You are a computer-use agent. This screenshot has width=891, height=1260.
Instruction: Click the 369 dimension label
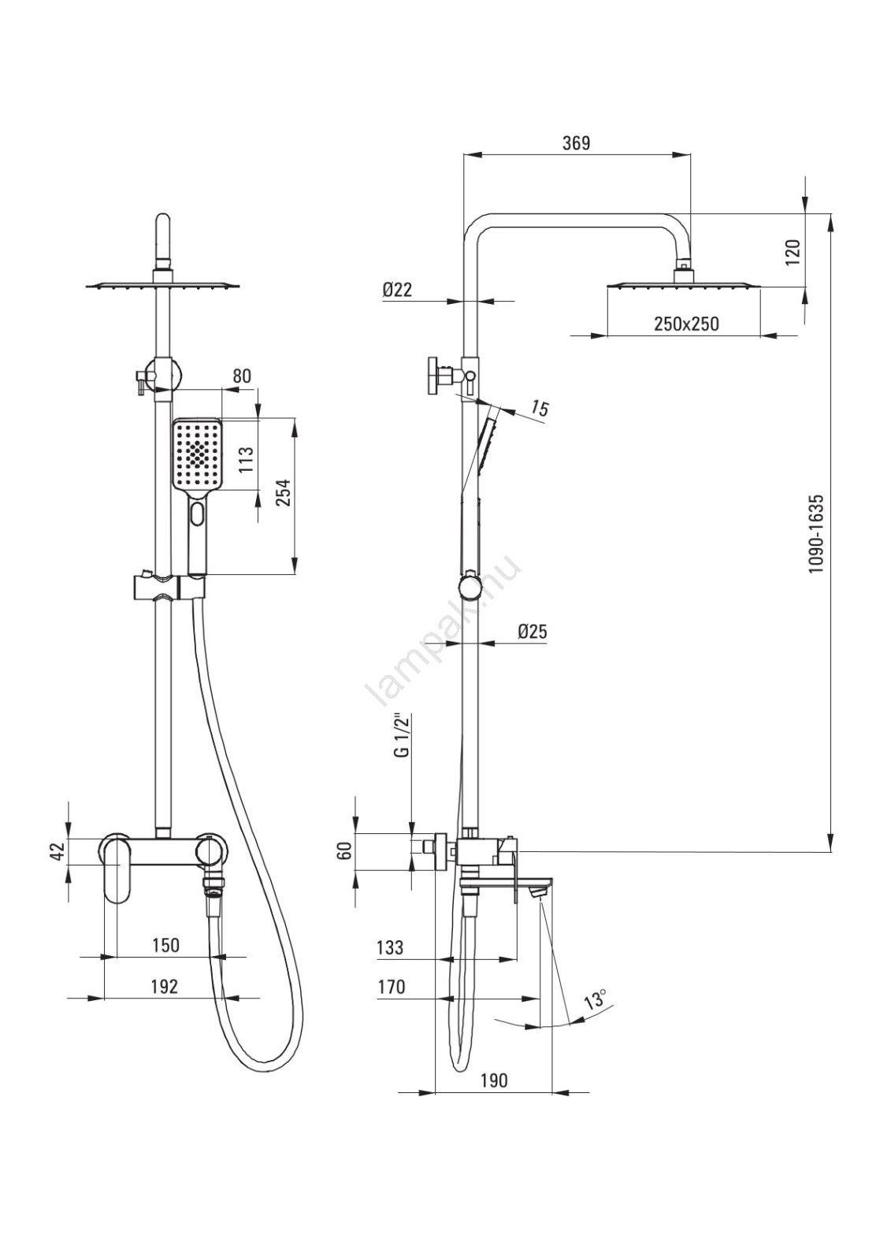[576, 143]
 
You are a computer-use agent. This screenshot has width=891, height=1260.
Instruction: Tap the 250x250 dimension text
[685, 324]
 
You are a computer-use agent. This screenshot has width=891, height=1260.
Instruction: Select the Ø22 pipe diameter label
[397, 290]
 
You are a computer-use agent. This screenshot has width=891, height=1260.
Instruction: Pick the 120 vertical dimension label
[793, 252]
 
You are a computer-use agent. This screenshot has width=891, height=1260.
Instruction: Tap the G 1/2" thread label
[403, 735]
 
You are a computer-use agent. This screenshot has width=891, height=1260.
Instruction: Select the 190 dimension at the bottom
[493, 1080]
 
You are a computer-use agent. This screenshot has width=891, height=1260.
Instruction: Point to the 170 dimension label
[391, 987]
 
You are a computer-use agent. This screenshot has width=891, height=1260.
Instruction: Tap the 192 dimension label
[164, 986]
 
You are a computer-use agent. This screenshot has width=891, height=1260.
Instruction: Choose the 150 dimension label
[165, 945]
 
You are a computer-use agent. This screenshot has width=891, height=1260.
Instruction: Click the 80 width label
[242, 376]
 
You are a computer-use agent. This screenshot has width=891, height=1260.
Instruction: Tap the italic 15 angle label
[540, 408]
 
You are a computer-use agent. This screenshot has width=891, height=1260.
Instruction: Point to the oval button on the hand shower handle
[196, 517]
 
